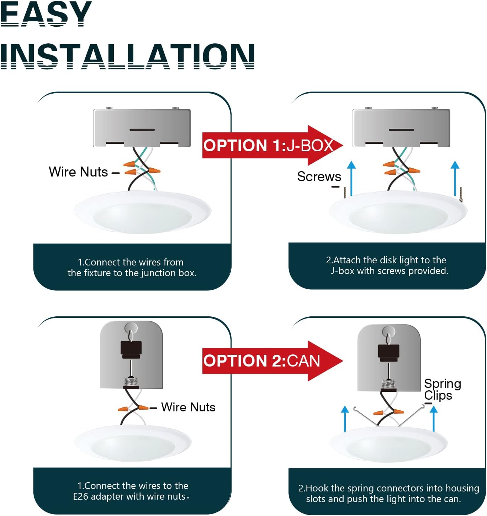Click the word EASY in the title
coord(46,14)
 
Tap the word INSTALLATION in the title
coord(127,56)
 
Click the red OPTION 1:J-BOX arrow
coord(273,145)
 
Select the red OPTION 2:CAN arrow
coord(273,361)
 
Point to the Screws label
coord(319,177)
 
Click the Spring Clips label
coord(442,389)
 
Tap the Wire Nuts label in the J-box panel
coord(78,172)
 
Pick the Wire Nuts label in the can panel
coord(188,407)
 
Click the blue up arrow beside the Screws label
coord(351,178)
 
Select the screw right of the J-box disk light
coord(461,194)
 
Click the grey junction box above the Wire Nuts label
coord(142,128)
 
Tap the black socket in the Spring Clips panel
coord(388,353)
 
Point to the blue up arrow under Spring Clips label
coord(434,419)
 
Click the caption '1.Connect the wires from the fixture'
coord(132,268)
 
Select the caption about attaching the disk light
coord(387,265)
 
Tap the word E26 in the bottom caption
coord(80,496)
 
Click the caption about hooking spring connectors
coord(388,494)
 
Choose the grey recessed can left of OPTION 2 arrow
coord(131,355)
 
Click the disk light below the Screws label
coord(398,212)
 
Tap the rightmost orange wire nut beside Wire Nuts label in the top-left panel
coord(154,171)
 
